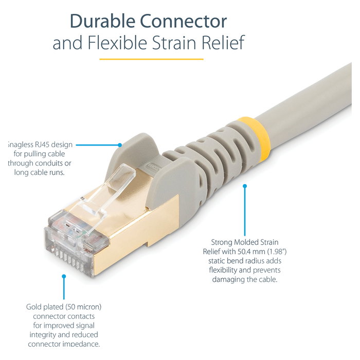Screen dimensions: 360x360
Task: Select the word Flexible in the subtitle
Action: point(127,43)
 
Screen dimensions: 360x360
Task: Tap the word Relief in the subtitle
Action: point(221,43)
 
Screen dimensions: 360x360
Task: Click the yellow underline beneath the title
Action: point(151,59)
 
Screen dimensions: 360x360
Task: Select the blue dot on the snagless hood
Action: point(120,145)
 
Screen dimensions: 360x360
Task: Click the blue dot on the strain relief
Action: point(245,187)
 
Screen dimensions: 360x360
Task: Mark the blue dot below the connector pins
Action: point(64,276)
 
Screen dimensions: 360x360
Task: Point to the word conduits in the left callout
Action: point(49,163)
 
